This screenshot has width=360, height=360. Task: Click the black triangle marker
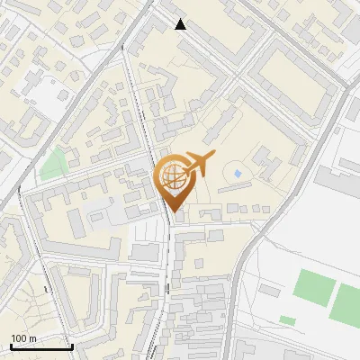click(181, 24)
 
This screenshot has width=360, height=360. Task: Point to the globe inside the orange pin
click(175, 176)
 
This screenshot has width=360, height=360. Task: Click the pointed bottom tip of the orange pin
click(174, 212)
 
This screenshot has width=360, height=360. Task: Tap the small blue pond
click(238, 172)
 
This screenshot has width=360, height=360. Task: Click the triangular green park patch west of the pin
click(54, 163)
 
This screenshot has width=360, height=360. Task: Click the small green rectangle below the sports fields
click(287, 319)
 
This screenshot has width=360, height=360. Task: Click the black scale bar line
click(40, 346)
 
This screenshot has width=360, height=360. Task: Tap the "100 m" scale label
click(23, 338)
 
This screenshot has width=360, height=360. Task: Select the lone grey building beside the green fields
click(269, 290)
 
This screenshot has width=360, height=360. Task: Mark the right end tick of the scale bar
click(72, 345)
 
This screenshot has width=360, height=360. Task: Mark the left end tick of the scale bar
click(9, 345)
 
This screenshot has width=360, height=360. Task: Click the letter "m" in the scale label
click(32, 338)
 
